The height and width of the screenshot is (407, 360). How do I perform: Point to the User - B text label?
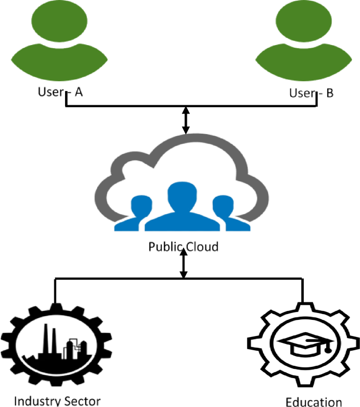click(x=311, y=92)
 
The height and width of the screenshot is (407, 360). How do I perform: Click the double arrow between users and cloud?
click(x=185, y=120)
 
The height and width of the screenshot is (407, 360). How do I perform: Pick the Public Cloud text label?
click(x=183, y=246)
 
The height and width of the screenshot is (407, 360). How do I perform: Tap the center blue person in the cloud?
click(x=180, y=205)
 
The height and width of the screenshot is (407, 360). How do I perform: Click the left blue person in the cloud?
click(x=139, y=213)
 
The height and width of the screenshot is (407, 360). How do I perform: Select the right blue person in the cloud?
click(x=225, y=213)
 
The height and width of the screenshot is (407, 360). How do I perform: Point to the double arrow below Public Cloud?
click(x=183, y=264)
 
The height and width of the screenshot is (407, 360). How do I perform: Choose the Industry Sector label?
click(x=58, y=401)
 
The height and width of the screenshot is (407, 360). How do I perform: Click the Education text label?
click(x=314, y=402)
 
